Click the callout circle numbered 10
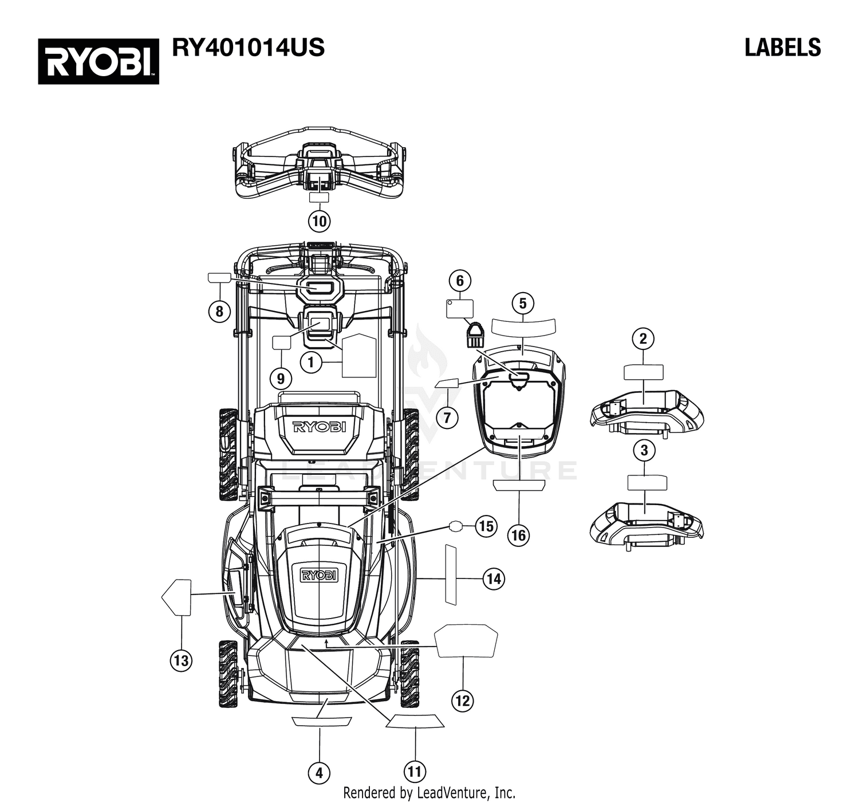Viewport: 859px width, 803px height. pos(319,221)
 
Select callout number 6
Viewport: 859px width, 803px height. pos(459,281)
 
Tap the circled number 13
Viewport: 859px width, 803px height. pos(181,660)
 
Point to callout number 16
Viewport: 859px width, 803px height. pos(519,536)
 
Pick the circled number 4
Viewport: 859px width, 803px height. pos(319,773)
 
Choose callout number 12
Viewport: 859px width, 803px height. pos(463,700)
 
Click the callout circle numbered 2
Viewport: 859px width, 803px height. pos(643,338)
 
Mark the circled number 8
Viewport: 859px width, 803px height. pos(219,311)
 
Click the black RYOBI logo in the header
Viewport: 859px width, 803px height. pos(98,61)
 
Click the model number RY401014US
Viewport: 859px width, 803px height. pos(249,48)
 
